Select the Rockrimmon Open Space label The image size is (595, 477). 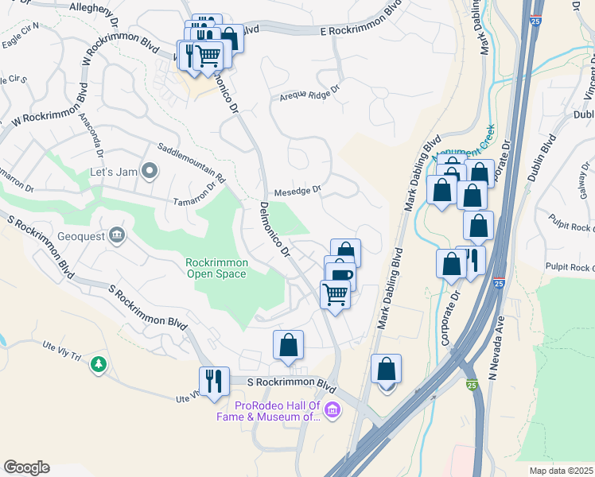click(x=217, y=268)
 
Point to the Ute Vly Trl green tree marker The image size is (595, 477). click(x=99, y=364)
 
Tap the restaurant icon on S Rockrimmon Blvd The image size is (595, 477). click(x=214, y=381)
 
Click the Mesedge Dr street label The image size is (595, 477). click(x=297, y=191)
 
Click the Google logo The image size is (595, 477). click(x=26, y=467)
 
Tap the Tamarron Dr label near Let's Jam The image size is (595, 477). click(x=196, y=195)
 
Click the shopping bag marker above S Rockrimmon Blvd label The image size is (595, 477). click(x=288, y=344)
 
